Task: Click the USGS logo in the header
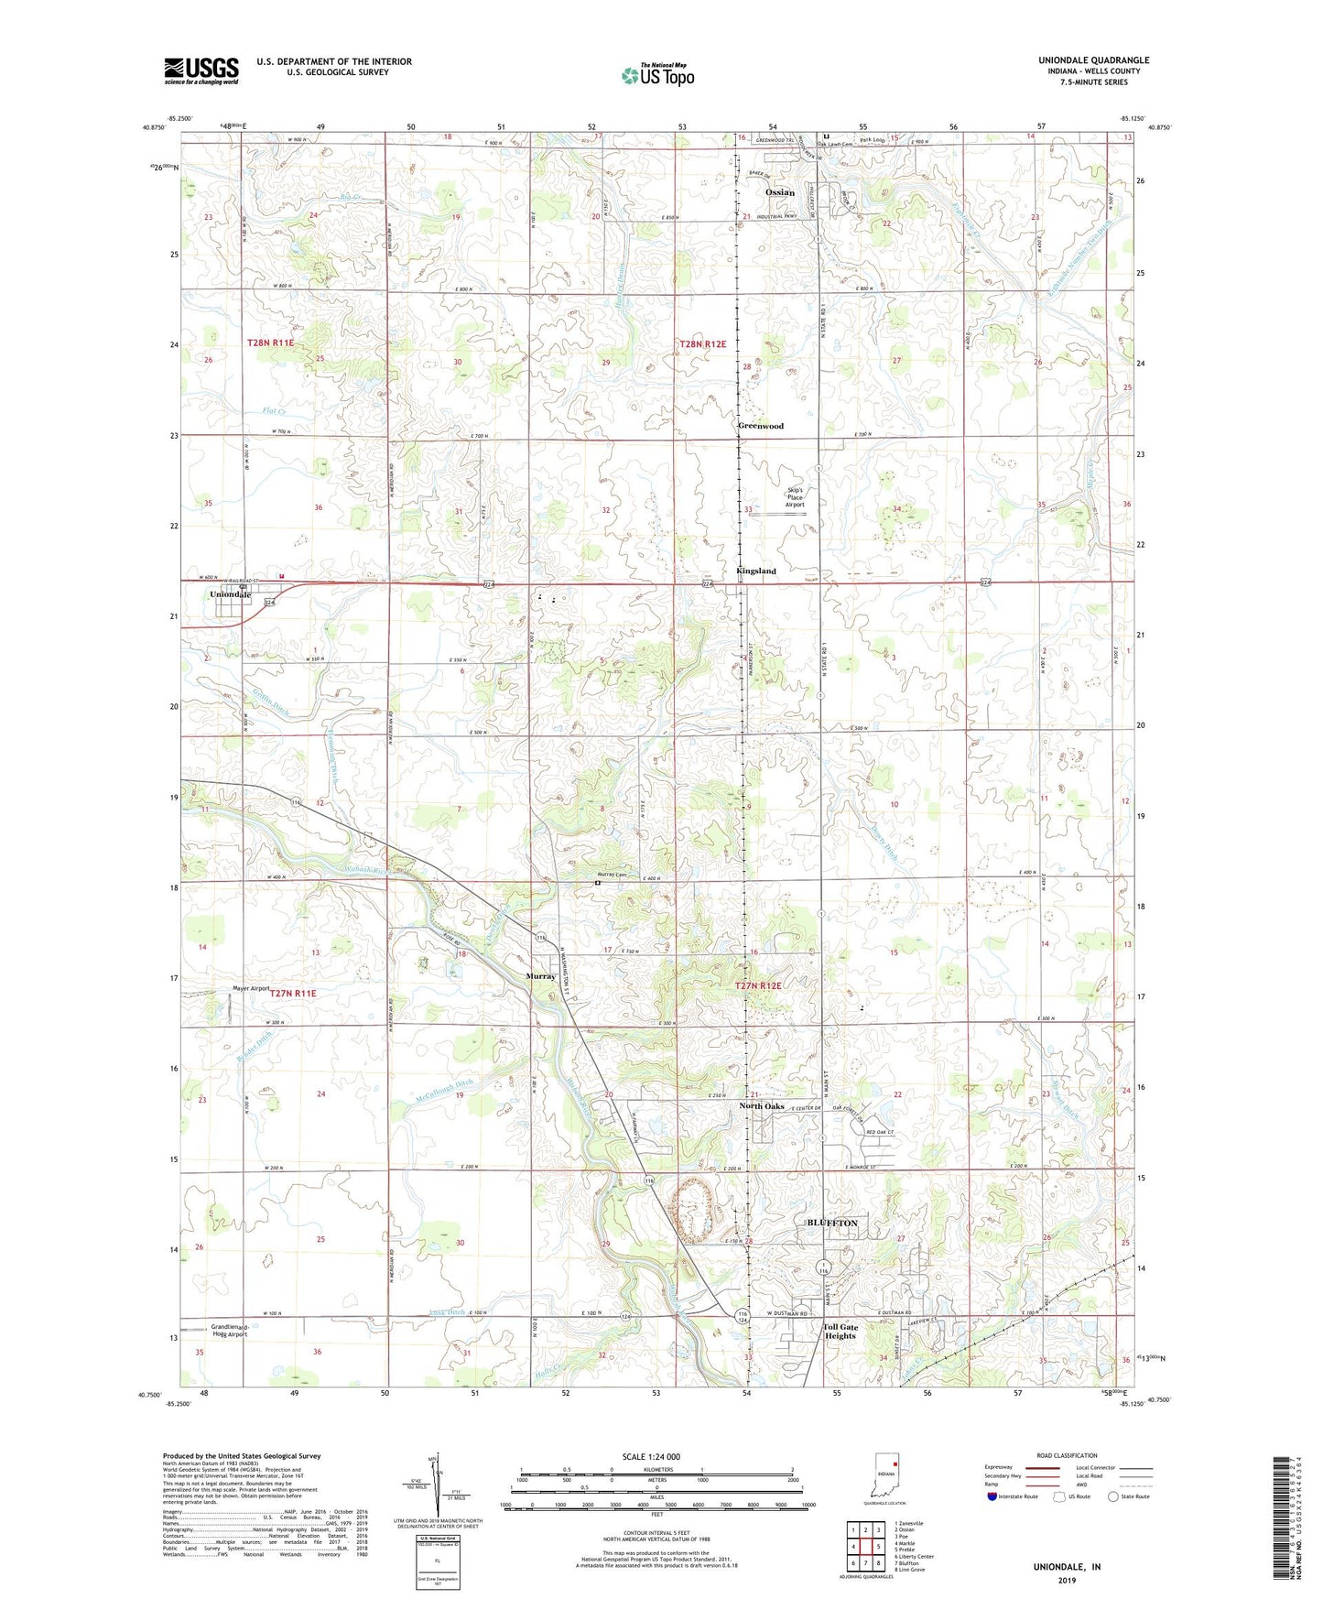click(x=201, y=70)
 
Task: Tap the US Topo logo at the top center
click(x=656, y=75)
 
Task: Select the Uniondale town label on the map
click(x=230, y=594)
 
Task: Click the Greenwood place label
click(x=761, y=426)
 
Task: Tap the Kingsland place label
click(x=755, y=571)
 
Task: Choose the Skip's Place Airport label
click(x=795, y=497)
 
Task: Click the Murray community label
click(x=540, y=976)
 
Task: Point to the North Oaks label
click(x=762, y=1106)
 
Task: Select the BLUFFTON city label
click(x=831, y=1223)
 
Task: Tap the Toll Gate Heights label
click(x=840, y=1331)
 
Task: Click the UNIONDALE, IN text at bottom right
click(x=1067, y=1567)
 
